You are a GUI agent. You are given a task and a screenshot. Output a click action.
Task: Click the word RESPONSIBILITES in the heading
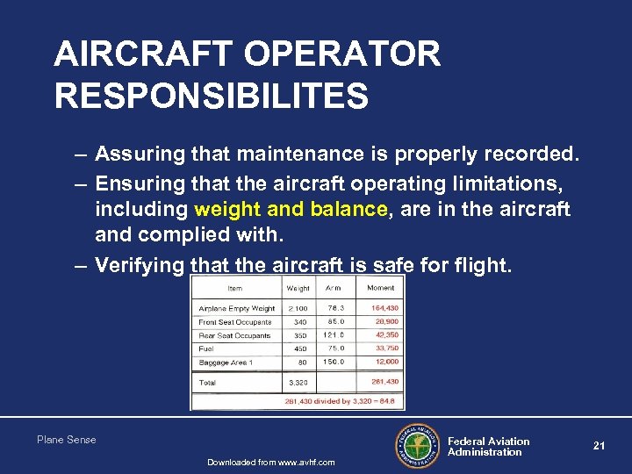point(211,96)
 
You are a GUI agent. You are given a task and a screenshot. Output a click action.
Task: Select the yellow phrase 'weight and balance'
point(291,209)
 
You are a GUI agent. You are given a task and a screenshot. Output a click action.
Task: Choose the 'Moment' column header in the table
point(381,288)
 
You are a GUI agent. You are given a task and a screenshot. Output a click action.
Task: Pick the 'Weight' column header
point(298,288)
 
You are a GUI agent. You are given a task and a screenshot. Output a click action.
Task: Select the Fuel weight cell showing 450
point(299,348)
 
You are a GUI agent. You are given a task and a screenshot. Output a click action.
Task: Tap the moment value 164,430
point(384,308)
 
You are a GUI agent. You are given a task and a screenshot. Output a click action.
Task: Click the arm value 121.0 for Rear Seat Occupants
point(334,335)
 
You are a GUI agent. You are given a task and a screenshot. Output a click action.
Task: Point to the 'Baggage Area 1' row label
point(226,362)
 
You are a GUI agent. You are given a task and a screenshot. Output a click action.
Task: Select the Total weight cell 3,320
point(298,383)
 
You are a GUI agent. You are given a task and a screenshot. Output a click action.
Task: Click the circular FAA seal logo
point(416,446)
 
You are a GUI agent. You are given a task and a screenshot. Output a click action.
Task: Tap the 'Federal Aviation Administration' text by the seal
point(489,447)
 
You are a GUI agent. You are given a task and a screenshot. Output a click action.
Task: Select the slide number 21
point(600,446)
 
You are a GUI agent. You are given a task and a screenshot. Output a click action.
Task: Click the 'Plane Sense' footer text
point(67,440)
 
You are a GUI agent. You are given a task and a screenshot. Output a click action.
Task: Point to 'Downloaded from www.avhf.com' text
point(270,463)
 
